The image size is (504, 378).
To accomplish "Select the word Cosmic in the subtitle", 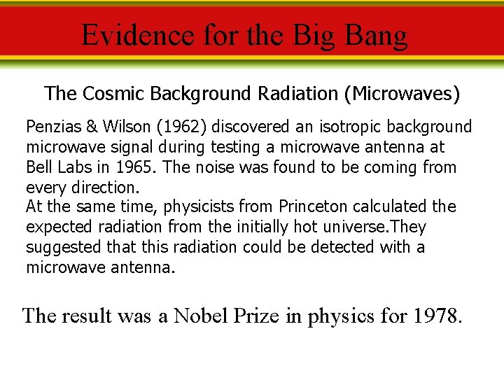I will pos(105,93).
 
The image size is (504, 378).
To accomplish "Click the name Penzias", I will pos(52,127).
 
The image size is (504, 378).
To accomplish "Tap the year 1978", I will pos(437,316).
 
